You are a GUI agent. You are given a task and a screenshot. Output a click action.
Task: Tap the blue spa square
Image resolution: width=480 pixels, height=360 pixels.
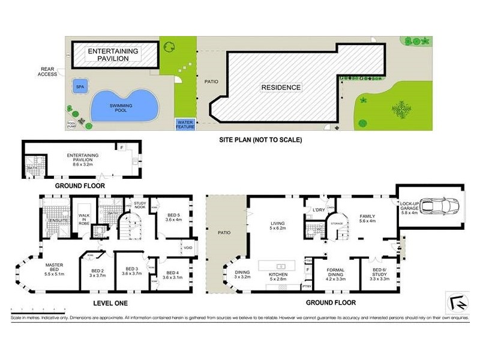[79, 87]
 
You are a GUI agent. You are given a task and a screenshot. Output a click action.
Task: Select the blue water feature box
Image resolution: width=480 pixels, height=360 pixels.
[185, 124]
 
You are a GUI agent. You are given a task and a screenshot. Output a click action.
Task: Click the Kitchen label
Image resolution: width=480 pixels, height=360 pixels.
[279, 277]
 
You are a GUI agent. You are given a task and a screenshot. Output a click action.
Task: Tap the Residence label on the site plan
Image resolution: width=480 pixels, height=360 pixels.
[281, 88]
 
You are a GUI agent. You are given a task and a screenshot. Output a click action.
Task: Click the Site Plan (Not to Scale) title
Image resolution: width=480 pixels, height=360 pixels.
[260, 140]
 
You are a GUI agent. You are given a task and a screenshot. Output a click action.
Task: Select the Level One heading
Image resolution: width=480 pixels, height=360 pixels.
[111, 303]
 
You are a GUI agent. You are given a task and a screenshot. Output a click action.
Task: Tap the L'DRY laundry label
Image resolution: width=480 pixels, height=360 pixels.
[319, 209]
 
